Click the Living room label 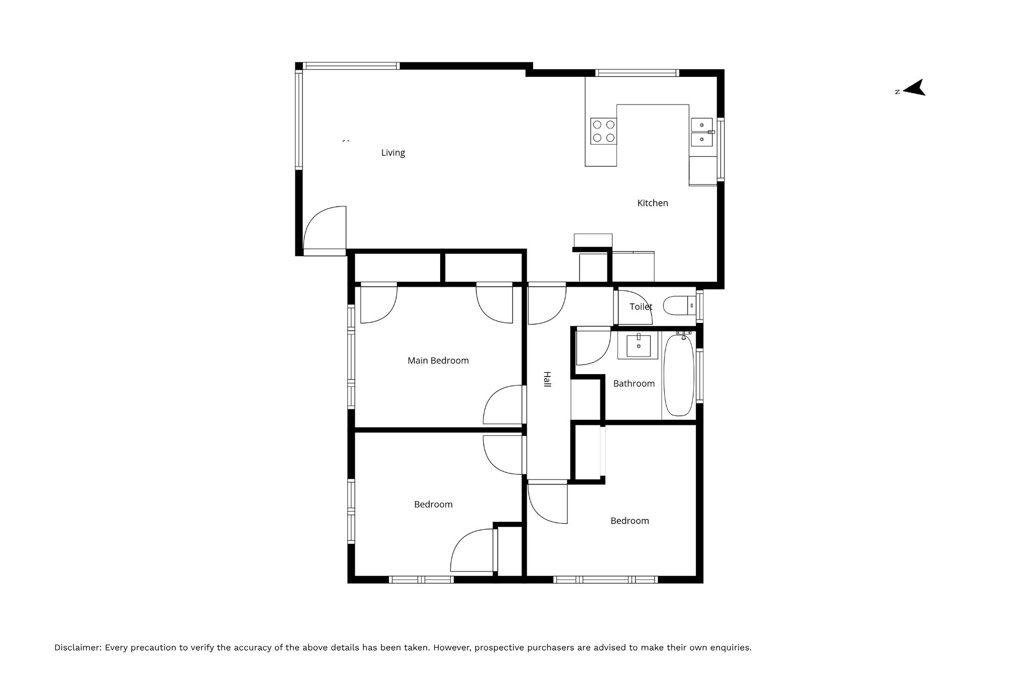click(x=393, y=153)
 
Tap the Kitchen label click(x=653, y=203)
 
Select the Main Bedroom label click(x=438, y=361)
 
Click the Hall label click(x=547, y=379)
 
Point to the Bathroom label click(x=634, y=384)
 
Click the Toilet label click(x=641, y=306)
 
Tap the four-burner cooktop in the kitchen click(x=603, y=131)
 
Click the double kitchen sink click(x=702, y=132)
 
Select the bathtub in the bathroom click(x=679, y=375)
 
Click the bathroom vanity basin click(x=638, y=346)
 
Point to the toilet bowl click(x=679, y=305)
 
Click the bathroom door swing click(x=593, y=347)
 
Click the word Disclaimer click(x=78, y=648)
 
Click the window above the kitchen click(x=637, y=73)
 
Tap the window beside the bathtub click(x=699, y=375)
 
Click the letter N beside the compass click(x=897, y=92)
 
